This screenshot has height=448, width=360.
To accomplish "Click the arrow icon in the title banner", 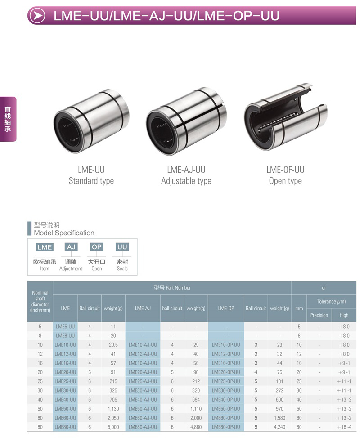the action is point(37,16).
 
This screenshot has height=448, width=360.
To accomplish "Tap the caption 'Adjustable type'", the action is point(186,181).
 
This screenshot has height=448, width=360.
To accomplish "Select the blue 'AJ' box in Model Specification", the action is point(71,247).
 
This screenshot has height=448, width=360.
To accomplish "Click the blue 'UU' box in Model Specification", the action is point(122,247).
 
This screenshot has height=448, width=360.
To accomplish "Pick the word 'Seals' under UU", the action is point(122,269).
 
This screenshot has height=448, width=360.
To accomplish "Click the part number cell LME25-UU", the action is point(65,381).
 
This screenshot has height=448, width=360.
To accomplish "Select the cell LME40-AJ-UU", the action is point(143,400).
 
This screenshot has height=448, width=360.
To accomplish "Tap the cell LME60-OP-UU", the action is point(226,418).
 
